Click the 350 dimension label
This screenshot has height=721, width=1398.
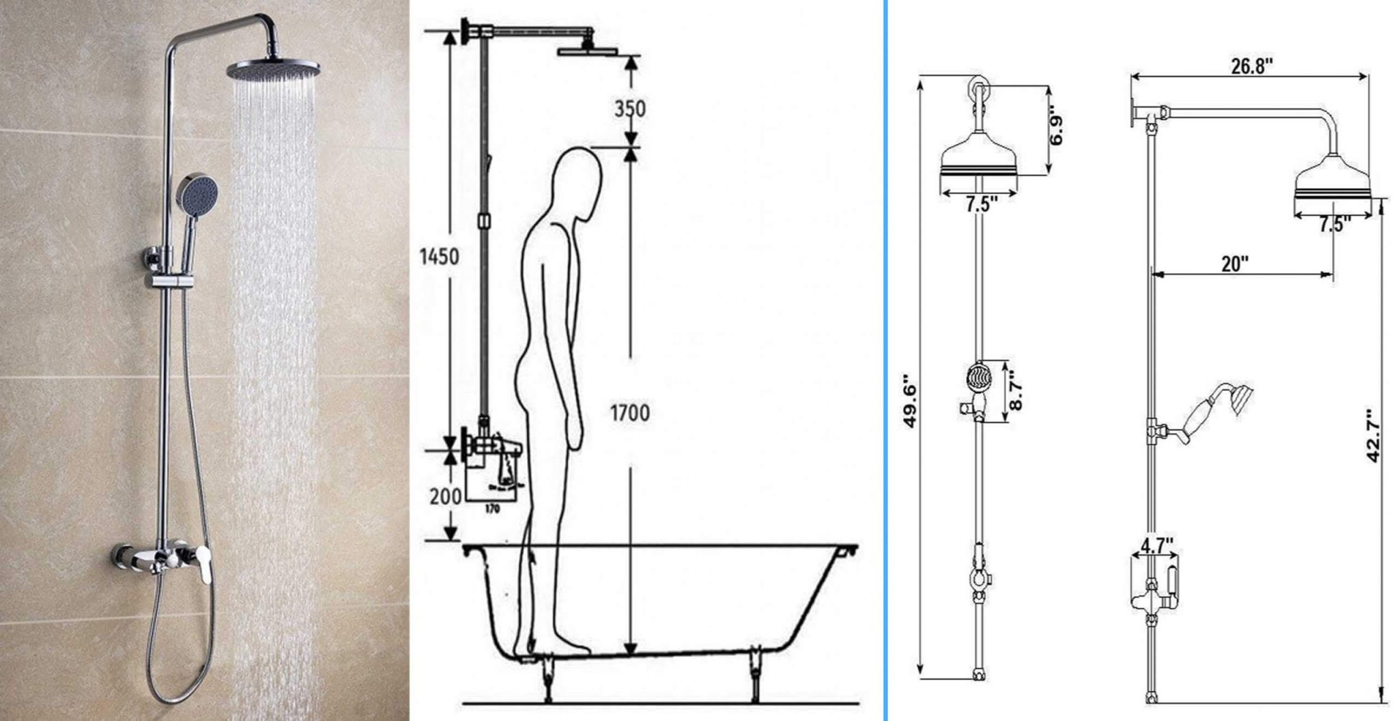pos(629,109)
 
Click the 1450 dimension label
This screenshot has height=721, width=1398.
pos(439,257)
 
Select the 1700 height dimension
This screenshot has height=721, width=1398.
pos(629,412)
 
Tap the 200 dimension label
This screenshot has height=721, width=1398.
pos(445,496)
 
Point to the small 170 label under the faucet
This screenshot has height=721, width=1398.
pos(491,509)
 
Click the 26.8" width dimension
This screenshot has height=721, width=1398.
pos(1252,67)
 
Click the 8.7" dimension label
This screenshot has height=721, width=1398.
pos(1016,390)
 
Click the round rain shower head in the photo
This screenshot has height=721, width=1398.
pos(273,68)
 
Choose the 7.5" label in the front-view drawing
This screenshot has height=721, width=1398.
pos(982,204)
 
